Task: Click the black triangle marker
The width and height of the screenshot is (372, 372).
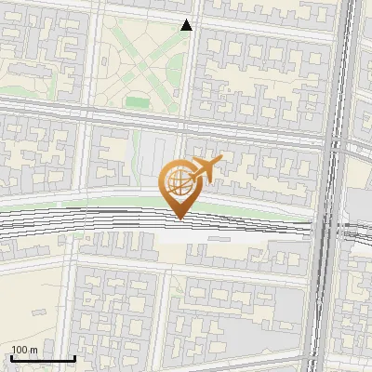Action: [x=187, y=26]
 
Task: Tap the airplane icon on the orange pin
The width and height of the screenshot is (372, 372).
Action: [x=205, y=169]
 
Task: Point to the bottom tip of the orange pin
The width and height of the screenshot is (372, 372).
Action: [x=179, y=219]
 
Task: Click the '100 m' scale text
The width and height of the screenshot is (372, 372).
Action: [x=24, y=350]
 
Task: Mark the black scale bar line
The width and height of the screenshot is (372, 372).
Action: [x=43, y=358]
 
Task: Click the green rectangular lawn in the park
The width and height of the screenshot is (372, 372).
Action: [x=137, y=100]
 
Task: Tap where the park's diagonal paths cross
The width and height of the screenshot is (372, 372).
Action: [x=143, y=67]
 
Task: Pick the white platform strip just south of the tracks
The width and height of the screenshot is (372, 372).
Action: [x=232, y=238]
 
